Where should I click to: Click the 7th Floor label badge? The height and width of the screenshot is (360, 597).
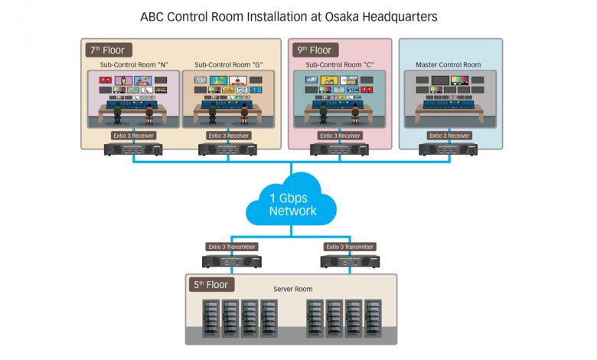point(108,51)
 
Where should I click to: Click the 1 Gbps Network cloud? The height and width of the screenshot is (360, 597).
point(292,204)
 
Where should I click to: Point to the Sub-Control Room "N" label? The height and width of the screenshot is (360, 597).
point(133,65)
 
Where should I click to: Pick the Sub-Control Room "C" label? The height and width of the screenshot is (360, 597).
point(338,65)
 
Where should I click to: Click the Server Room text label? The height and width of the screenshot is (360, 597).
point(293,290)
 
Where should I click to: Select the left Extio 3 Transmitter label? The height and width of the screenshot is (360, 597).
point(232,247)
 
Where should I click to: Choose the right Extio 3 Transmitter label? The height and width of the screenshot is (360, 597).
point(350,247)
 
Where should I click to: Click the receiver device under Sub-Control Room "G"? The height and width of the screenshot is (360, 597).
point(227,149)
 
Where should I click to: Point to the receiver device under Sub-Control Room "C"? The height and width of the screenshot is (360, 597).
point(339,149)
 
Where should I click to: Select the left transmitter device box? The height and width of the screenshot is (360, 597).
point(232,261)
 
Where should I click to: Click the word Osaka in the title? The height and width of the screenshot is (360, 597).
point(343,16)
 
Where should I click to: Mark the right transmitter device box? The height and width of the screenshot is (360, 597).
point(350,261)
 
